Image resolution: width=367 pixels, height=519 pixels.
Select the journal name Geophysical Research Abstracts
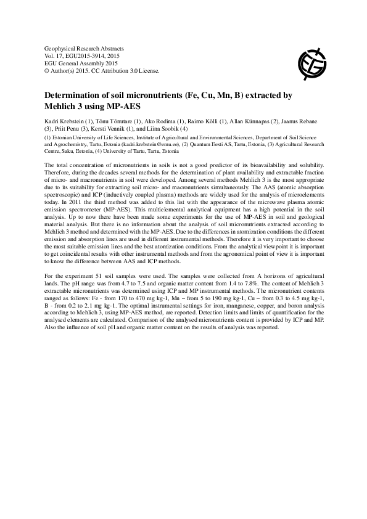coord(85,48)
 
